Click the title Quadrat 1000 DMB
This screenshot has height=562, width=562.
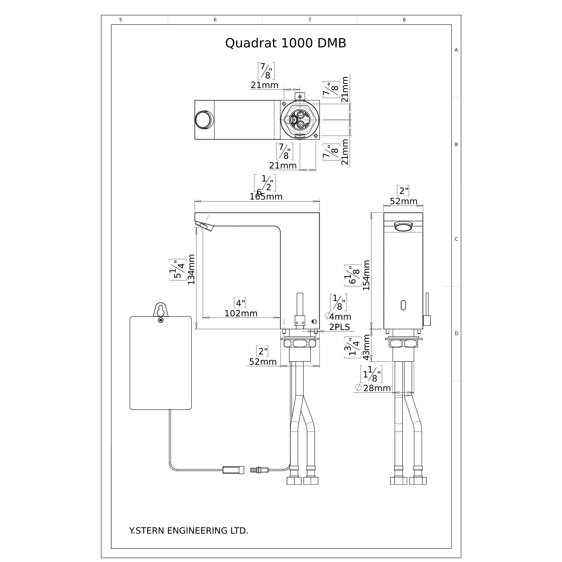(285, 43)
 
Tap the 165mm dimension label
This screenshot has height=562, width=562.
(266, 197)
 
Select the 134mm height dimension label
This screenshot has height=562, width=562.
(191, 269)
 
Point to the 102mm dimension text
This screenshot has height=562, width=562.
(241, 313)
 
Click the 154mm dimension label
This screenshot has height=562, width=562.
(366, 275)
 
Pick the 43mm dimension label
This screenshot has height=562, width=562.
(366, 347)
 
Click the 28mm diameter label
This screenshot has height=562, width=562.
(376, 388)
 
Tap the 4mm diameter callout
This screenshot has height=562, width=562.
(340, 317)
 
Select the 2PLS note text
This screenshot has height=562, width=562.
(340, 327)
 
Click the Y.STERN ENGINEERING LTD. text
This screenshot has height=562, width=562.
(189, 531)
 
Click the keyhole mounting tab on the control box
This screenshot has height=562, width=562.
(161, 309)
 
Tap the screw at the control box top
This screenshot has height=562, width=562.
(161, 320)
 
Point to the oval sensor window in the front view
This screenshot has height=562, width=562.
(403, 305)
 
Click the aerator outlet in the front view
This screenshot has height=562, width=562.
(403, 226)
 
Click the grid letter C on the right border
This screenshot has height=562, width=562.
(456, 239)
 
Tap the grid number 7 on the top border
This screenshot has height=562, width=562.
(309, 20)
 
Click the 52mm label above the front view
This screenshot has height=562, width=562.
(403, 202)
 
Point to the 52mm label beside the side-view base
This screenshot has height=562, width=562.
(263, 362)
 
